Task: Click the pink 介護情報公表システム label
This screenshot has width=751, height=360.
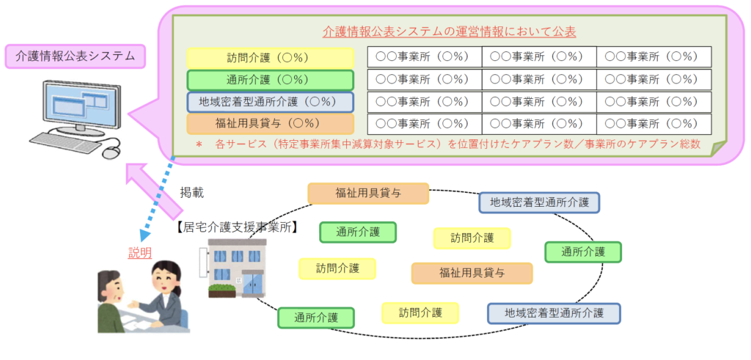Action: click(75, 56)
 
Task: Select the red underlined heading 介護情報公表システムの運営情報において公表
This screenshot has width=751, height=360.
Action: click(449, 32)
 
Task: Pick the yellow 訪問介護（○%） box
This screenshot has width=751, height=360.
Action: click(269, 57)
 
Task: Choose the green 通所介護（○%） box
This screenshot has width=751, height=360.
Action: click(269, 79)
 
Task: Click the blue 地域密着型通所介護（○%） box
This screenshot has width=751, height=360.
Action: click(269, 101)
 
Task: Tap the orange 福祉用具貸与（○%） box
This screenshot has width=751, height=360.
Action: click(269, 123)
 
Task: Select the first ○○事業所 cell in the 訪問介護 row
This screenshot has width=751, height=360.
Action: click(424, 57)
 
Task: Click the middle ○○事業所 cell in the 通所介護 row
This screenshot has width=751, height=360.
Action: click(538, 79)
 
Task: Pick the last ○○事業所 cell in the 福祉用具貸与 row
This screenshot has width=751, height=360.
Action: click(653, 123)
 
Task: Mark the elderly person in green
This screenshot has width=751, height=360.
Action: click(114, 301)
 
